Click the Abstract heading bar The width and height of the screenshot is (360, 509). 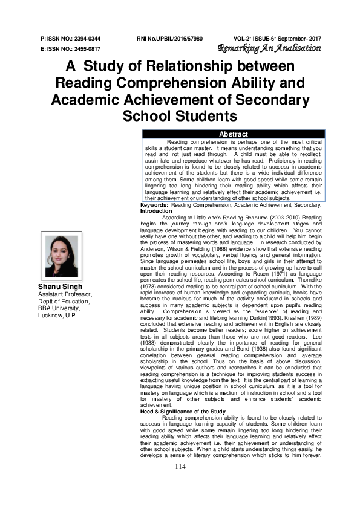tap(233, 134)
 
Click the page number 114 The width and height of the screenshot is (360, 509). tap(180, 484)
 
